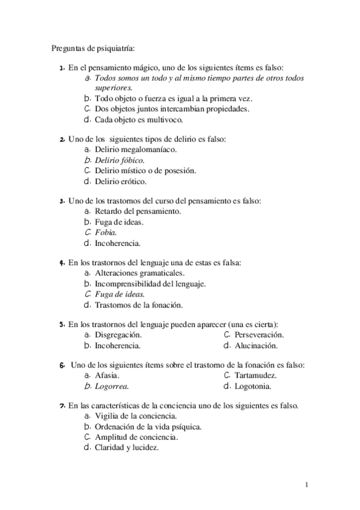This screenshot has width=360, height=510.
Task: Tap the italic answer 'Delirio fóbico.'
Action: tap(120, 160)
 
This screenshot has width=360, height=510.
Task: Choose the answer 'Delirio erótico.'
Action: tap(121, 181)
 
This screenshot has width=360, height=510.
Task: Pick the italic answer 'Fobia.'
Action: tap(106, 233)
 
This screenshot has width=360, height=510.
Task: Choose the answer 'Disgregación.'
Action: tap(118, 335)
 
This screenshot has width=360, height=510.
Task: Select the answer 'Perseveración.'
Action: tap(259, 335)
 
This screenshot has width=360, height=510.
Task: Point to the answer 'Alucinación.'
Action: tap(255, 346)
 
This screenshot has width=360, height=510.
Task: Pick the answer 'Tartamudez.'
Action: tap(255, 375)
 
